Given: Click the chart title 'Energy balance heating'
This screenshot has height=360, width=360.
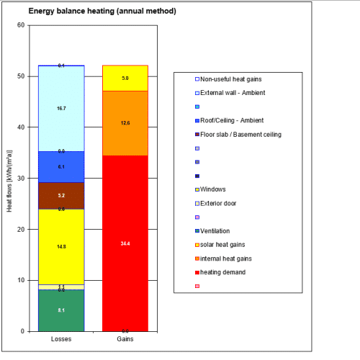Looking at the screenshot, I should pyautogui.click(x=102, y=12).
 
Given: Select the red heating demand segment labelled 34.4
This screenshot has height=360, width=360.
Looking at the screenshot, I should pyautogui.click(x=125, y=243).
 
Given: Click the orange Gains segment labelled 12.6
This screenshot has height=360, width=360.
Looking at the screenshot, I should pyautogui.click(x=125, y=123).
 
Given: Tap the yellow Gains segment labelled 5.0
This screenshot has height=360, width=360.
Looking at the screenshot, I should pyautogui.click(x=125, y=78).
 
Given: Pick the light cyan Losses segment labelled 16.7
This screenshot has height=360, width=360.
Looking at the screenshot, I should pyautogui.click(x=61, y=108).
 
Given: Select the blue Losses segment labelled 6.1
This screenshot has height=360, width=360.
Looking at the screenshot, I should pyautogui.click(x=61, y=167).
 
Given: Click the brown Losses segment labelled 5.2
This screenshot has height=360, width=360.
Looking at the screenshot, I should pyautogui.click(x=61, y=195).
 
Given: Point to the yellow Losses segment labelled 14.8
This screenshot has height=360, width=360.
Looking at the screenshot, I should pyautogui.click(x=61, y=246).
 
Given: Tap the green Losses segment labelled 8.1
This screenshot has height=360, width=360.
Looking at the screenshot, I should pyautogui.click(x=61, y=310).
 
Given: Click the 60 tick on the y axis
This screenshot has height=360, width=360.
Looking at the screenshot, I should pyautogui.click(x=21, y=25).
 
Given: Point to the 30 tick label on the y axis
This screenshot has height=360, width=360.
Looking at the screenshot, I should pyautogui.click(x=21, y=179).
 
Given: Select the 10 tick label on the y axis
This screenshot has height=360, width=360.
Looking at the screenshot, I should pyautogui.click(x=21, y=280).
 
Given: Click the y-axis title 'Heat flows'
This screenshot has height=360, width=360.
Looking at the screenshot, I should pyautogui.click(x=9, y=179).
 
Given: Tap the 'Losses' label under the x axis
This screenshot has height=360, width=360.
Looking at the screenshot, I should pyautogui.click(x=61, y=338).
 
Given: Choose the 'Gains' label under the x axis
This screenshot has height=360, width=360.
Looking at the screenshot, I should pyautogui.click(x=125, y=338).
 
